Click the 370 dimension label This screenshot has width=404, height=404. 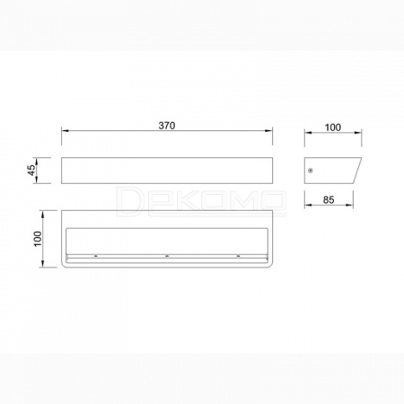point(167,126)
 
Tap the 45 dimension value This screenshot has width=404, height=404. point(31,171)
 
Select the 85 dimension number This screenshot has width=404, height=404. point(329,200)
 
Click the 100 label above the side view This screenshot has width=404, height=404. point(333,127)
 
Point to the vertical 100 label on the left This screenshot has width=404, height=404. point(38,239)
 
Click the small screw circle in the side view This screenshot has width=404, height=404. point(311,171)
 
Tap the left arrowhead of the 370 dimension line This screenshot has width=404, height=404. point(66,131)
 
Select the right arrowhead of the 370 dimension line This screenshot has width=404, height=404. point(268,131)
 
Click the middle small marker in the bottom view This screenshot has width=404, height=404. point(167,256)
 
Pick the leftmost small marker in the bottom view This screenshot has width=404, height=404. point(96,256)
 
